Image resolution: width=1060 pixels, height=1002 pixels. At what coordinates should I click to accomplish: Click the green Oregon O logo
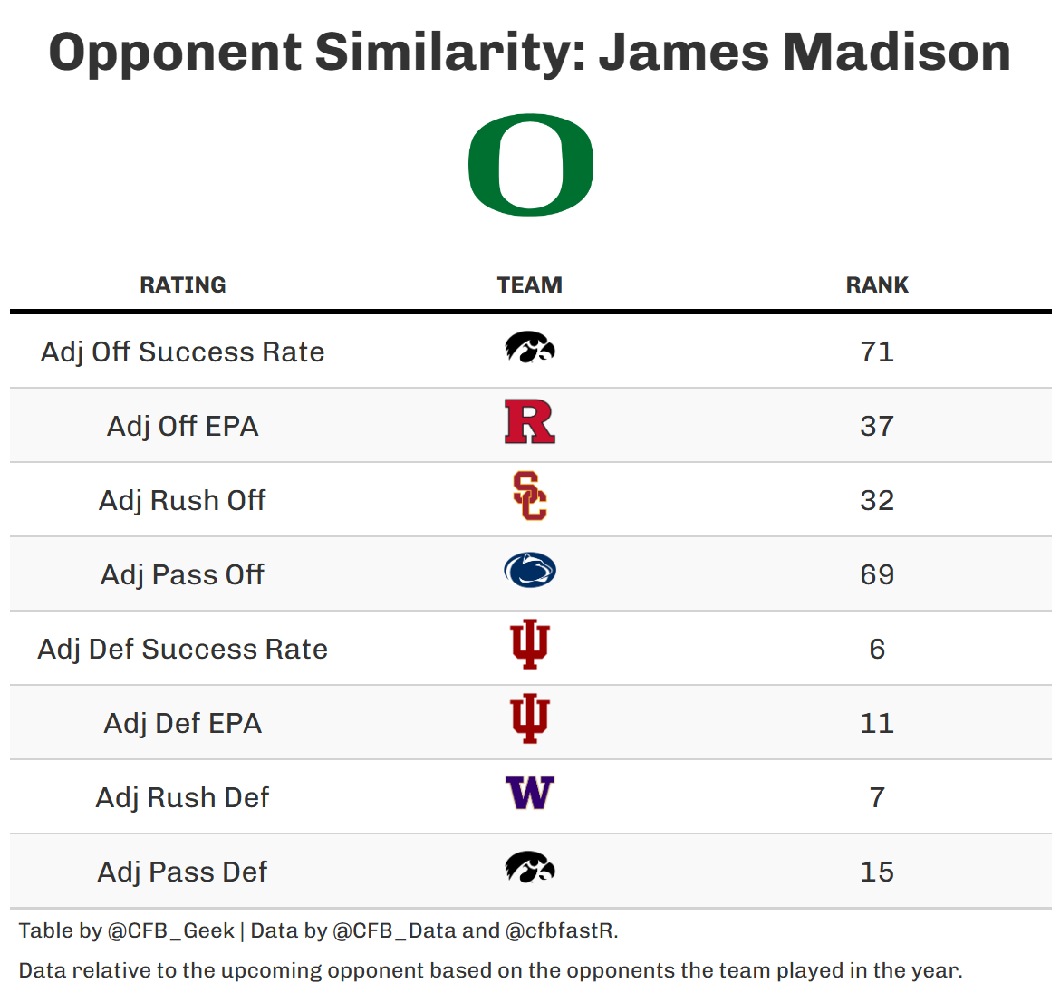click(x=530, y=166)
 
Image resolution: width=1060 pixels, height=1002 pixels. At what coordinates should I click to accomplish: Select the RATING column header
click(x=183, y=284)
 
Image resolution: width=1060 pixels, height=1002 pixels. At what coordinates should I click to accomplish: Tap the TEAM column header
click(x=530, y=284)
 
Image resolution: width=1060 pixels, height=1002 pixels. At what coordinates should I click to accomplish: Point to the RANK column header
click(x=877, y=284)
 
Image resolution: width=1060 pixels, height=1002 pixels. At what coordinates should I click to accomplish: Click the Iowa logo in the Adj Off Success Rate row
click(x=530, y=348)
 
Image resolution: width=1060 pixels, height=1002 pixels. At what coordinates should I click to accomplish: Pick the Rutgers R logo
click(x=530, y=422)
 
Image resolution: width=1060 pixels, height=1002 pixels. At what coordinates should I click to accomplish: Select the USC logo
click(x=530, y=496)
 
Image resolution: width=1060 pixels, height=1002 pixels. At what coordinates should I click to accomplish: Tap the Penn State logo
click(x=530, y=571)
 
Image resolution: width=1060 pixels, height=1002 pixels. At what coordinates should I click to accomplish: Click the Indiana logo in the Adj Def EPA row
click(x=530, y=719)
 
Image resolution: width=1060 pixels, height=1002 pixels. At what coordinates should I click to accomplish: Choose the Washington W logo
click(x=530, y=794)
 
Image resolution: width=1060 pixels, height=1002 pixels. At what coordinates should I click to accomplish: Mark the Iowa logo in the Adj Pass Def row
click(x=530, y=868)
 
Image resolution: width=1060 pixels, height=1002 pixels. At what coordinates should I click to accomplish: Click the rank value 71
click(x=877, y=352)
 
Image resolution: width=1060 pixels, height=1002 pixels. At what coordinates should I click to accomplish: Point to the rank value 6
click(x=877, y=649)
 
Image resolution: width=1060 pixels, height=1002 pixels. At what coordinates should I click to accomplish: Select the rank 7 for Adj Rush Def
click(x=877, y=797)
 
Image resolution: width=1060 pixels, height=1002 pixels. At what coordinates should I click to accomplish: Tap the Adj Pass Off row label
click(x=183, y=574)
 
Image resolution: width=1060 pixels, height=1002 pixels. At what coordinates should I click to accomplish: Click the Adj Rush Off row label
click(x=183, y=500)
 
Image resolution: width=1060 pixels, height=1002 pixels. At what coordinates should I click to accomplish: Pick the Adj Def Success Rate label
click(x=183, y=649)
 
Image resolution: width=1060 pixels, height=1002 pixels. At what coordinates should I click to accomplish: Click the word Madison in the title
click(x=897, y=52)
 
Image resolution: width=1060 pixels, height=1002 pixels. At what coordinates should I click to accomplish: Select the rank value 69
click(x=877, y=574)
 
